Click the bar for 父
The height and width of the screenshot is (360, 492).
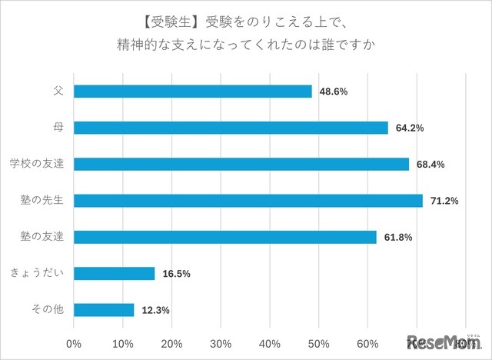[193, 92]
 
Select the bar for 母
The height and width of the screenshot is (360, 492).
[231, 128]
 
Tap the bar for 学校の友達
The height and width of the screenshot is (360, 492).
[241, 164]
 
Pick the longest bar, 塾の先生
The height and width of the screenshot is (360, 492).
[248, 201]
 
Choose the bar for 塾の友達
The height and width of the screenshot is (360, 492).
[225, 237]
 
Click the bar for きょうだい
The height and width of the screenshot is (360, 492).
[115, 273]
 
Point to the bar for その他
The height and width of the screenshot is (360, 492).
[105, 310]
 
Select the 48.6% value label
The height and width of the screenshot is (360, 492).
[333, 92]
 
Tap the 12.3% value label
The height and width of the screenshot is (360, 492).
[155, 311]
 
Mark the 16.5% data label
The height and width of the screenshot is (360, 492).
[175, 274]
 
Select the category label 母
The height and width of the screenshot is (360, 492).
[58, 128]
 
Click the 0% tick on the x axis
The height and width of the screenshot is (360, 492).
[75, 342]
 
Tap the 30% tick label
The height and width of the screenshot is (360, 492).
[221, 342]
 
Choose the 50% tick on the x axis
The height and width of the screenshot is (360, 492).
[319, 342]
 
